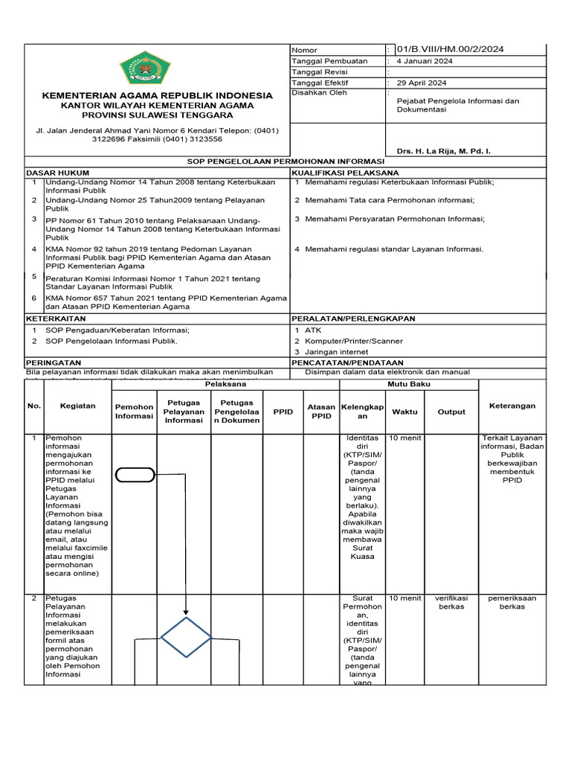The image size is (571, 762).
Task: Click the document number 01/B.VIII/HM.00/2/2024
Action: click(x=450, y=49)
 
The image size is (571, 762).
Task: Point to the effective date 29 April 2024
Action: click(x=422, y=83)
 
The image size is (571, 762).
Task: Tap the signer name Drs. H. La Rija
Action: click(x=443, y=151)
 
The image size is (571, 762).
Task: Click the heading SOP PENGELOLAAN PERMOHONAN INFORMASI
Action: click(x=285, y=161)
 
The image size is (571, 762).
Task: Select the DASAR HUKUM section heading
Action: click(x=52, y=172)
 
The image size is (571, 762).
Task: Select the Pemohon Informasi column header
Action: click(x=134, y=412)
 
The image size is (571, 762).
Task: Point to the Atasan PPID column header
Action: click(x=321, y=412)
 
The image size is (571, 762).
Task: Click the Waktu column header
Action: click(x=404, y=412)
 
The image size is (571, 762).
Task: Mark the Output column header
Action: click(x=451, y=412)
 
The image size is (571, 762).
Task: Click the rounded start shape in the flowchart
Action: click(x=135, y=474)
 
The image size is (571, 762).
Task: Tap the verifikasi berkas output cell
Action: click(x=451, y=602)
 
